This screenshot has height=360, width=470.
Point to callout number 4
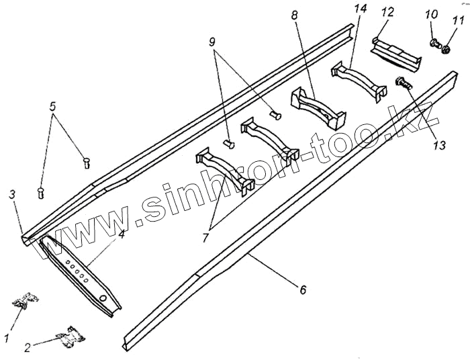click(121, 234)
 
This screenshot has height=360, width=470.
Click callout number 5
click(54, 105)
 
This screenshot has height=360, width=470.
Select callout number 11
click(458, 14)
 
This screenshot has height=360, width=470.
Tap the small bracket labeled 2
click(70, 336)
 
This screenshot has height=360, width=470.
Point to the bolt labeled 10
click(434, 44)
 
